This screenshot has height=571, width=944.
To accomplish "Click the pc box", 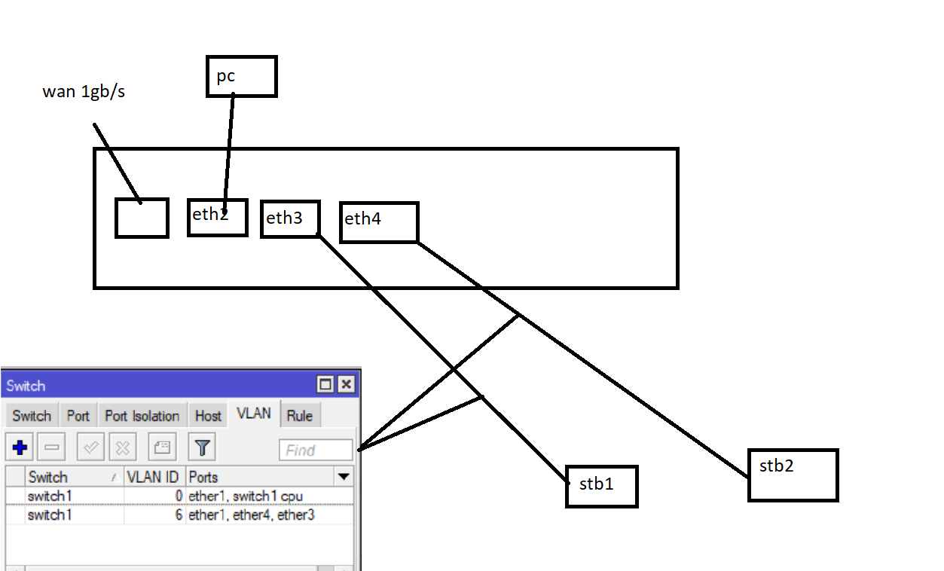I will click(x=241, y=76).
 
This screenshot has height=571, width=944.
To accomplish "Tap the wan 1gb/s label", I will click(x=83, y=93).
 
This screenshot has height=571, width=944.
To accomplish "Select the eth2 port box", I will click(x=217, y=218).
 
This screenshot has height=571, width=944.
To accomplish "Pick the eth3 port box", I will click(x=290, y=219).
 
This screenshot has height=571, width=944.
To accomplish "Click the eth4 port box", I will click(x=378, y=221).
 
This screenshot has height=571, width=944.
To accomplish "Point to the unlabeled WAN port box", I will click(x=142, y=218).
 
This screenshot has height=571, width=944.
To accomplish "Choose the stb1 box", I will click(x=601, y=486).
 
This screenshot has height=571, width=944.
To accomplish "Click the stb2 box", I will click(x=793, y=475).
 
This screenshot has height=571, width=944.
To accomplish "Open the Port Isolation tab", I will click(x=142, y=416).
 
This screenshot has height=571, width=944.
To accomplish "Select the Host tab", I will click(x=208, y=416).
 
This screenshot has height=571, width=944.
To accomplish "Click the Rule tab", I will click(x=299, y=416).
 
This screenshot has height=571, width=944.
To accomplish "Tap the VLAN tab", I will click(x=253, y=414).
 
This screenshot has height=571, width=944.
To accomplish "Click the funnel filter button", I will click(x=202, y=448).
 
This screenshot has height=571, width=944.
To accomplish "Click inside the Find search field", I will click(x=315, y=450).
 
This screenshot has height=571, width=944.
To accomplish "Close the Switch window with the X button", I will click(x=346, y=385).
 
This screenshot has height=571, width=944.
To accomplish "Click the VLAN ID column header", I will click(x=154, y=477).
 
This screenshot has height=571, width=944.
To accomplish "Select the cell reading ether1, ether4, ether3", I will click(x=251, y=515).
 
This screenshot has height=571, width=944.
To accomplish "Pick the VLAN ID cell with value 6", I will click(x=154, y=515).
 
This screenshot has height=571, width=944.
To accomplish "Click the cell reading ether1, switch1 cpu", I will click(x=246, y=496).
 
